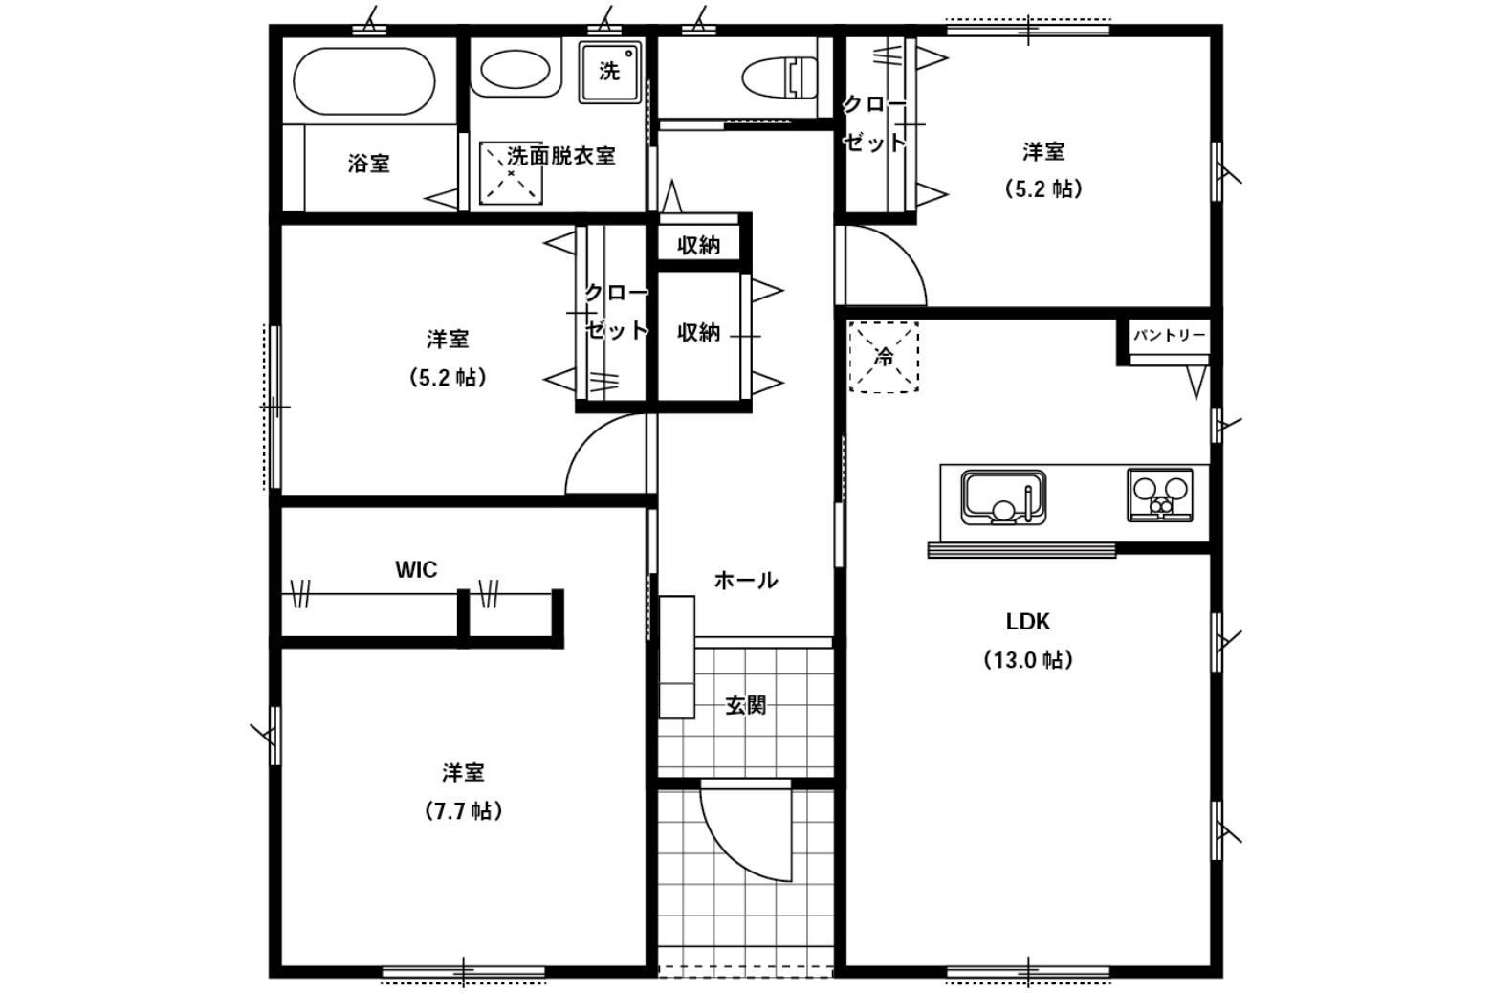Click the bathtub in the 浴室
[363, 81]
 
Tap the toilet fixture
[780, 77]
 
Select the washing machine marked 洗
[610, 72]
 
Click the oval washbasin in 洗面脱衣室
[515, 69]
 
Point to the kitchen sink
[1003, 497]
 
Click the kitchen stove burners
[1159, 496]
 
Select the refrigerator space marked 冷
[884, 357]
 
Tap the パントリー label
[1170, 335]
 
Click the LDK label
[1028, 622]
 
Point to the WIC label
[416, 570]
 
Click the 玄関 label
[746, 705]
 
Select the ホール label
[746, 581]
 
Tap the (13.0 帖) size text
[1028, 660]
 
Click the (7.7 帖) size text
[464, 811]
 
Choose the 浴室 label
[368, 164]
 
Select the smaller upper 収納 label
[699, 245]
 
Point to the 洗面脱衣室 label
[560, 156]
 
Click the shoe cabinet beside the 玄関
[677, 657]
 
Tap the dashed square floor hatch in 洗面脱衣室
[511, 173]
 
